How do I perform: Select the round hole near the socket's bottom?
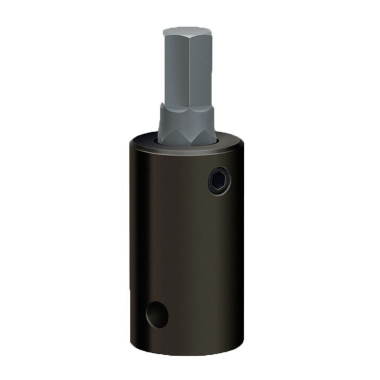click(156, 314)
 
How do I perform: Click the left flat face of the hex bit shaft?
click(175, 68)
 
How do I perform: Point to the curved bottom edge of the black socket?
click(187, 353)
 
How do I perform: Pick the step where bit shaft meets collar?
click(186, 105)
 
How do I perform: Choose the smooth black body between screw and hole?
click(187, 250)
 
